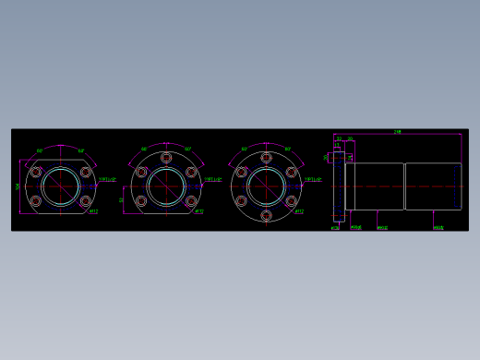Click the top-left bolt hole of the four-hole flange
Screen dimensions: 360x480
(36, 172)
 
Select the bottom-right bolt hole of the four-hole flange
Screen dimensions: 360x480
(85, 199)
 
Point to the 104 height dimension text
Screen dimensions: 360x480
(18, 186)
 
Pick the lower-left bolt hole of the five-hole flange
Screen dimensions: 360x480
(141, 199)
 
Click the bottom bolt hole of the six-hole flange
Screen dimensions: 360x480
(267, 215)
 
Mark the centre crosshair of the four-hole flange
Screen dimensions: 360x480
(60, 186)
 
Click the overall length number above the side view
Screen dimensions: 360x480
(397, 132)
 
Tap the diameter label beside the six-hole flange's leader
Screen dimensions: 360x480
(299, 210)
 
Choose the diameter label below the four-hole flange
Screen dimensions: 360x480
(93, 211)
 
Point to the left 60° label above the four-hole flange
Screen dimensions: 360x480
(40, 150)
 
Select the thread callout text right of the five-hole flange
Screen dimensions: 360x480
(211, 180)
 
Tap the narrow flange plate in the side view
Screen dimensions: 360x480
(339, 186)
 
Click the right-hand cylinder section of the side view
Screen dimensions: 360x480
(431, 186)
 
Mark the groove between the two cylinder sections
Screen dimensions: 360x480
(405, 186)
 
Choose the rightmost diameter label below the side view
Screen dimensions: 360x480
(438, 226)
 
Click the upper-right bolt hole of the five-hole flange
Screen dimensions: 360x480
(190, 172)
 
